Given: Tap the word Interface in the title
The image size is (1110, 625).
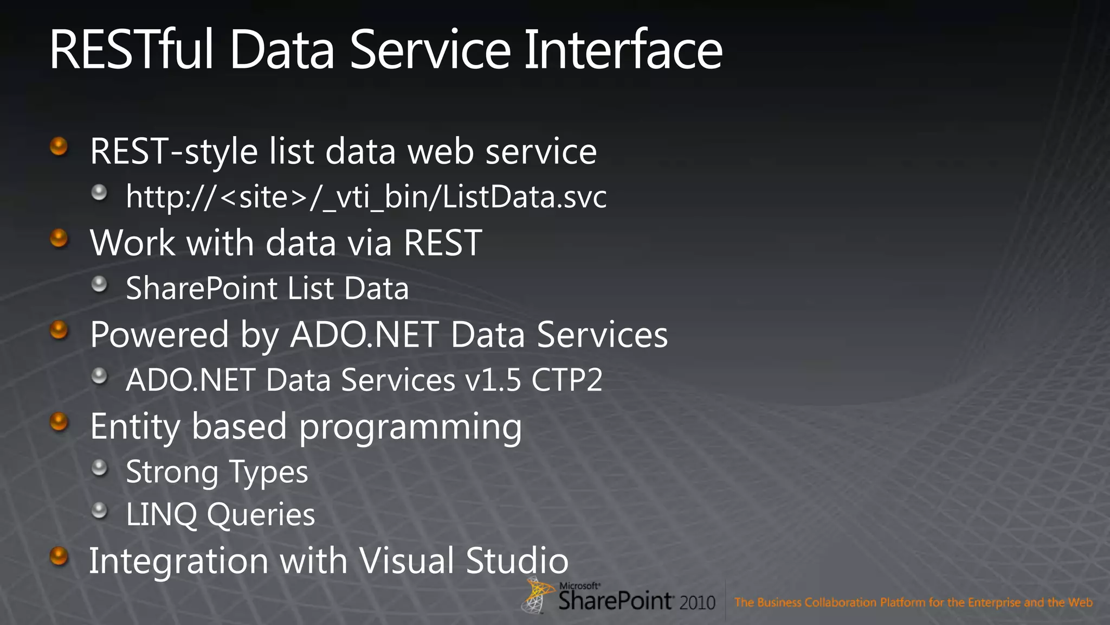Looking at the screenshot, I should (623, 50).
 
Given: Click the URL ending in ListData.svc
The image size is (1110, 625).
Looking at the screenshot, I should (366, 196).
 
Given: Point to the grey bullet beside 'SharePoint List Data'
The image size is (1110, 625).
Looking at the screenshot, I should (99, 284).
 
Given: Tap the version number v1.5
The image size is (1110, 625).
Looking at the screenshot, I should (493, 380).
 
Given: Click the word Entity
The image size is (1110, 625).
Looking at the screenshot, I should (134, 427).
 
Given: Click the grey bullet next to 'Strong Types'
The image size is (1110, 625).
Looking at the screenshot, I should (99, 467).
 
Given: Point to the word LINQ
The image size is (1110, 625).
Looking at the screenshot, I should (161, 514).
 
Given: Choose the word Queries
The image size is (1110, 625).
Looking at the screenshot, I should (261, 514).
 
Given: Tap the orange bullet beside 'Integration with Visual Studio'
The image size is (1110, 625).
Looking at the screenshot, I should (59, 556).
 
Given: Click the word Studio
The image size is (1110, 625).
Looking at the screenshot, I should (517, 560).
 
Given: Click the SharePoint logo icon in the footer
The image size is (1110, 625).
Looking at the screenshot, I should (537, 595).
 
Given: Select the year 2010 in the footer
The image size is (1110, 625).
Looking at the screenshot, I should (697, 603).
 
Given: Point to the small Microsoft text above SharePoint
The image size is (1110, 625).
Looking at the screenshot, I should (579, 586).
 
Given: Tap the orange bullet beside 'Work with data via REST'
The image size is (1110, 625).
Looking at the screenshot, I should (59, 238).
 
